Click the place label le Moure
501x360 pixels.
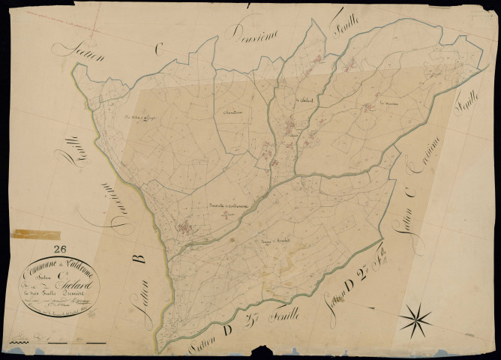pos(388,103)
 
